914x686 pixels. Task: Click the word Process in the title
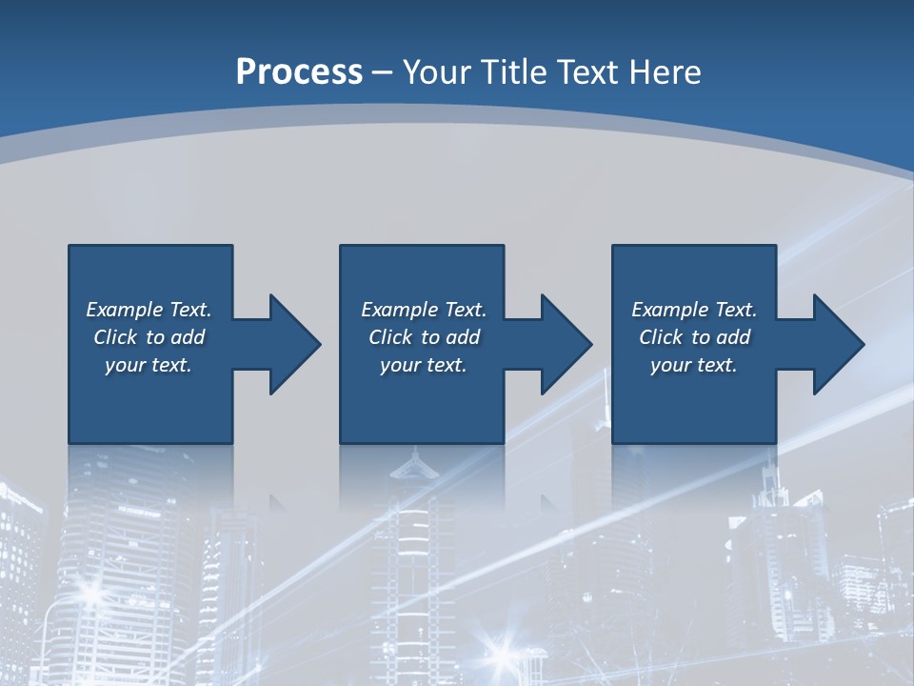(299, 72)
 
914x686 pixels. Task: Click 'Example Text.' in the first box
(149, 310)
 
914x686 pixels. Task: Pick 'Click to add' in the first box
(149, 337)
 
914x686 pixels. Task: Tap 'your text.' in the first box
(149, 365)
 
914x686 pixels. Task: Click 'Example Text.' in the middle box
(424, 310)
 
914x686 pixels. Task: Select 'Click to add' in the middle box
(424, 337)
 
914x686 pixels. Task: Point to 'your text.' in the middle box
(424, 365)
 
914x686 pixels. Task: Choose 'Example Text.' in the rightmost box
(694, 310)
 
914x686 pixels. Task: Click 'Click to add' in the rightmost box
(694, 337)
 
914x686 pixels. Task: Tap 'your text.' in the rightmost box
(694, 365)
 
